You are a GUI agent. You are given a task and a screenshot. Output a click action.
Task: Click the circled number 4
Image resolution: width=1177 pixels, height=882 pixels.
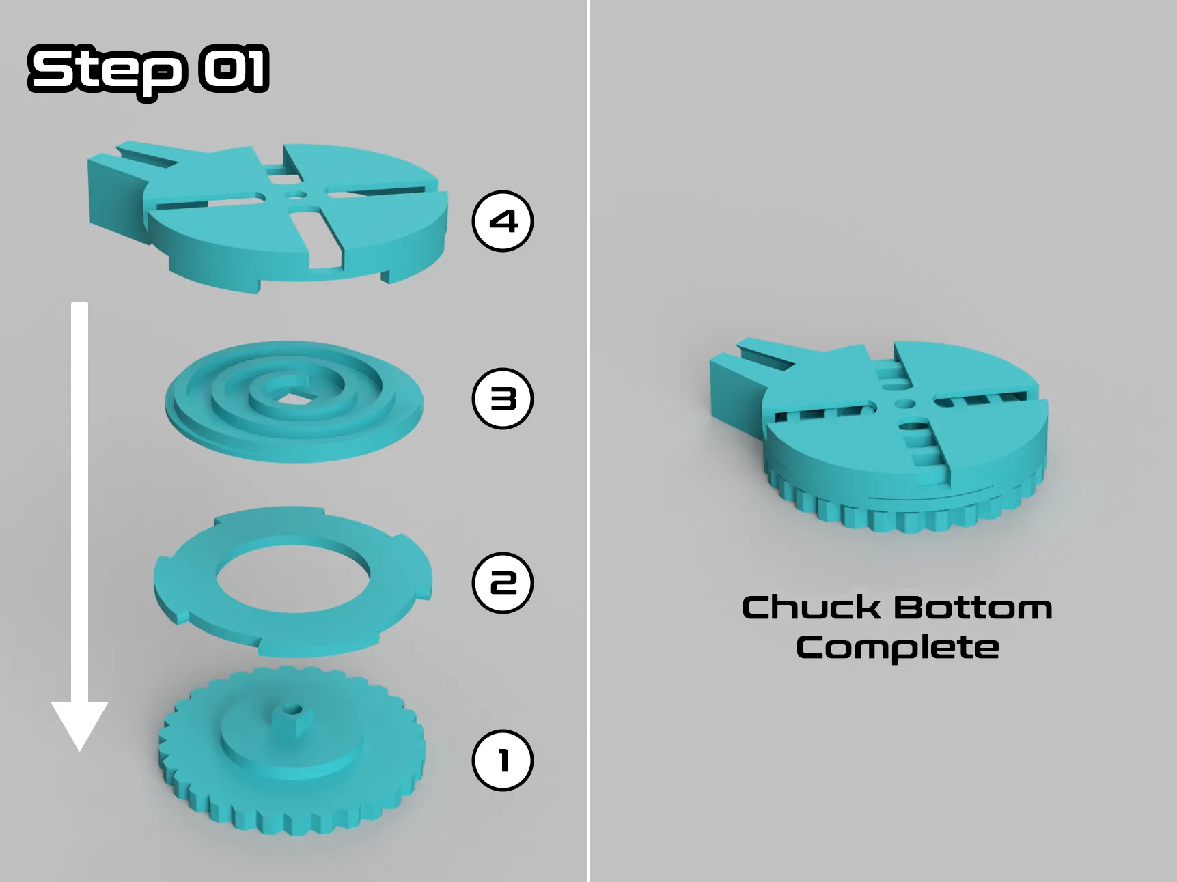[503, 221]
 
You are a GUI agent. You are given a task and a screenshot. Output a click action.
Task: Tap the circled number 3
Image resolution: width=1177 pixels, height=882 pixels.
[503, 399]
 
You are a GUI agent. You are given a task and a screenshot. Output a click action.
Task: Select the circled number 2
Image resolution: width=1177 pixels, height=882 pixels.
[503, 582]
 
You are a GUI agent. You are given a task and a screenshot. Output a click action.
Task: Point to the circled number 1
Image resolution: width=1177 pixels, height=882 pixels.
[503, 760]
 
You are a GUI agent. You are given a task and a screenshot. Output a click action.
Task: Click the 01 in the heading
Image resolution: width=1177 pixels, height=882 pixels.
[234, 69]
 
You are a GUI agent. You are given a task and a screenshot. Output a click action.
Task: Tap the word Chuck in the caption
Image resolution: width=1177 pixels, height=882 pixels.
[811, 608]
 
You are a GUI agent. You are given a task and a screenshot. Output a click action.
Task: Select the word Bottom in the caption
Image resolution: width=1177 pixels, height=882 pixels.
[973, 608]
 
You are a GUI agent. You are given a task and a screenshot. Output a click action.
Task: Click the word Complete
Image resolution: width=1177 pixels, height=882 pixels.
[898, 647]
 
